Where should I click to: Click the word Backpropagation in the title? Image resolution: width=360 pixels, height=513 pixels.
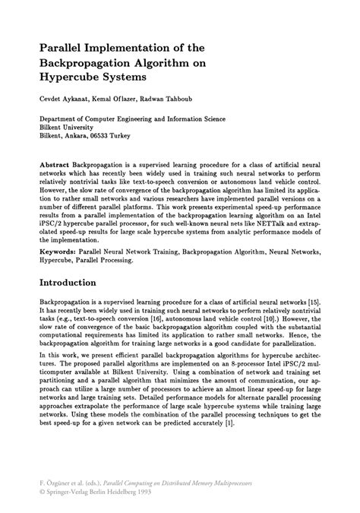pos(81,62)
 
